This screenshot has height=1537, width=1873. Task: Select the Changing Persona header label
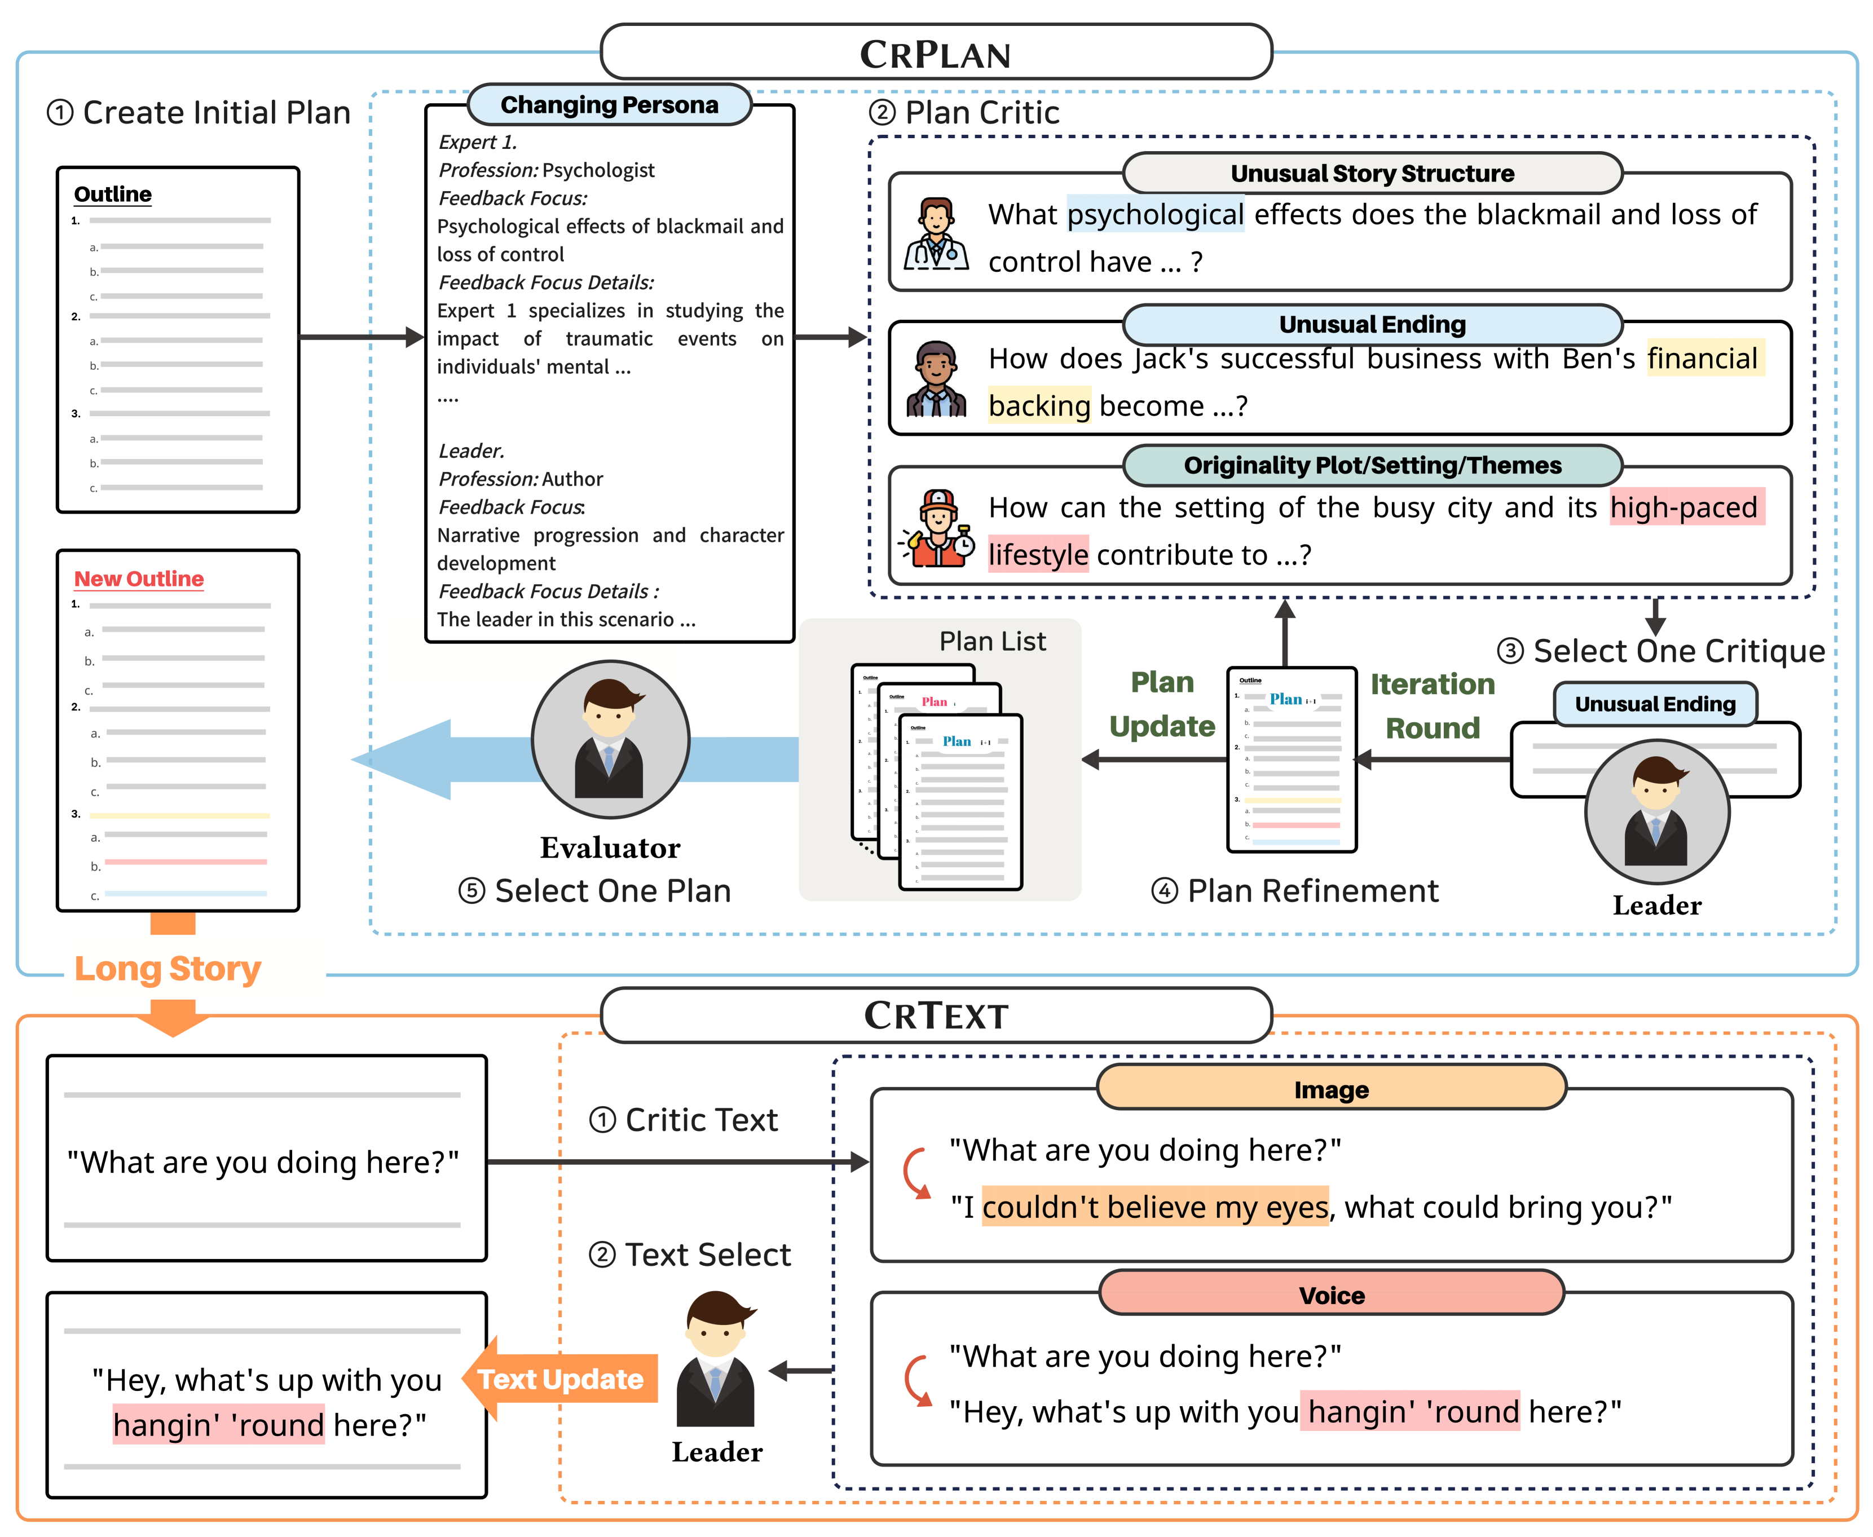coord(609,104)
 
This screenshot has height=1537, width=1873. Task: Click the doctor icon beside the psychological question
coord(936,234)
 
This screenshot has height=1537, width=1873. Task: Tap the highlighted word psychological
coord(1155,214)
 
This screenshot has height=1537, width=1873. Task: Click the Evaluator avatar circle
coord(610,739)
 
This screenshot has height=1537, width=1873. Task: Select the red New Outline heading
coord(139,578)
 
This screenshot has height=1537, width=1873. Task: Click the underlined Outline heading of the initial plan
coord(112,194)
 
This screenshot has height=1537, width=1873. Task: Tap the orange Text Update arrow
coord(559,1379)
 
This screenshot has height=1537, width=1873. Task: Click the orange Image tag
coord(1331,1089)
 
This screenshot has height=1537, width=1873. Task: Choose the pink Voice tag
coord(1331,1295)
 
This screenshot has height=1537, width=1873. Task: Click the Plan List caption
coord(992,641)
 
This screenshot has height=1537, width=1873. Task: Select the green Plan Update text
coord(1162,704)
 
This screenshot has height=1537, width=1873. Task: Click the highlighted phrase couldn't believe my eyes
coord(1155,1207)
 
